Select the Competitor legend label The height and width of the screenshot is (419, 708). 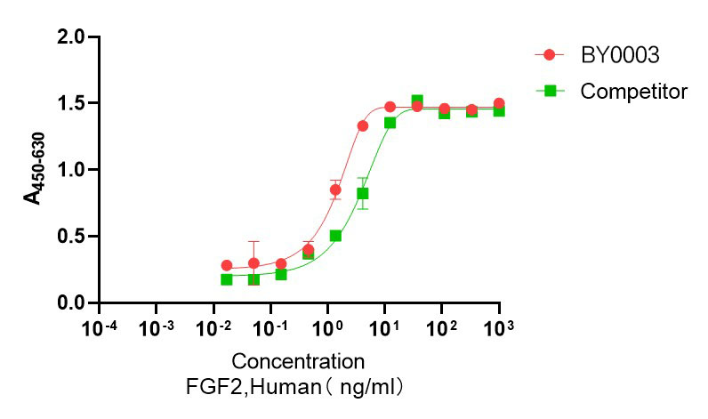point(633,91)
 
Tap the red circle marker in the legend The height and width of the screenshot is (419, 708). point(550,55)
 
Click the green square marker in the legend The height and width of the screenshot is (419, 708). point(550,91)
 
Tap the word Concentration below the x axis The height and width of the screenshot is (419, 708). point(298,362)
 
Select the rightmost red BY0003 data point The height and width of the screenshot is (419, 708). point(499,104)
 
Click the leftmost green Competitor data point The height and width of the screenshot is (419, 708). point(227,279)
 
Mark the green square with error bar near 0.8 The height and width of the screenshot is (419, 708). point(363,193)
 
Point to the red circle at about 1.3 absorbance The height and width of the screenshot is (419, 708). point(363,126)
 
